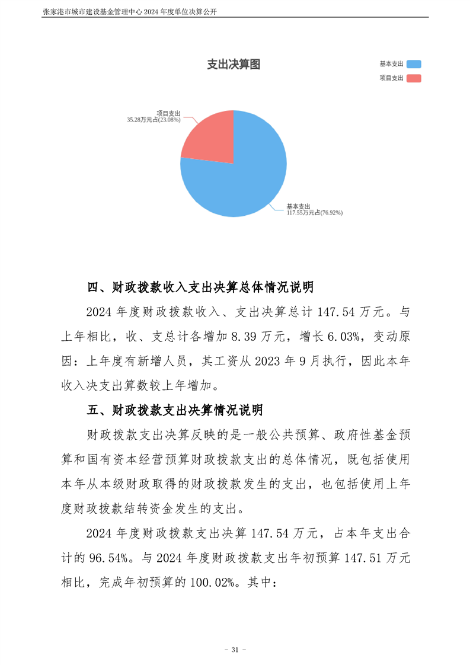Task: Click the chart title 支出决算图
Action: tap(233, 65)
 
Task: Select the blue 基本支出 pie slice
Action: tap(243, 178)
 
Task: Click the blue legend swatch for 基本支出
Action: tap(414, 65)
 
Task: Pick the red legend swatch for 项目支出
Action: tap(414, 78)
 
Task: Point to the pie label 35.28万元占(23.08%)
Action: tap(154, 120)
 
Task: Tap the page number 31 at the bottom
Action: tap(235, 650)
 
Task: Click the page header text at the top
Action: tap(129, 11)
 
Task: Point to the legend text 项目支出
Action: tap(391, 78)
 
